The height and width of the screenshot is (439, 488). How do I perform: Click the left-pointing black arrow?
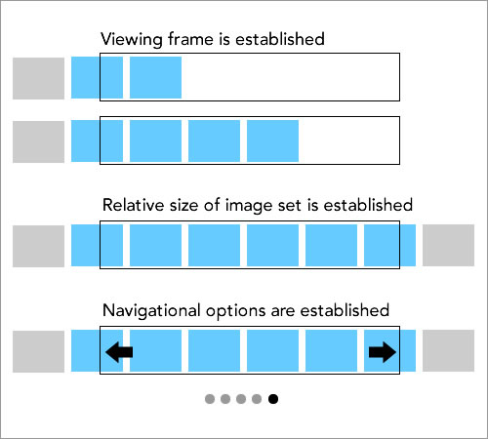[x=119, y=352]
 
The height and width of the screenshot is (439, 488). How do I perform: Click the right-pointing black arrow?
[x=383, y=352]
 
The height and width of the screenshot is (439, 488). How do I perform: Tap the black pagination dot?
[x=273, y=399]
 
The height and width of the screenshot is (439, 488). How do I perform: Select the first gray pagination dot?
[x=210, y=399]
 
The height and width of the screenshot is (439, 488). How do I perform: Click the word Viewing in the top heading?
[x=132, y=40]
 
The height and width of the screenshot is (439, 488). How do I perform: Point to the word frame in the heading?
[x=190, y=39]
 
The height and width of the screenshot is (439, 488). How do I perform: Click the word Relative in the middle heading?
[x=133, y=205]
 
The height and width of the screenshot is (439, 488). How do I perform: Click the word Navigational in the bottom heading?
[x=151, y=310]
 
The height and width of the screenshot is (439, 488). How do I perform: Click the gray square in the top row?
[x=38, y=78]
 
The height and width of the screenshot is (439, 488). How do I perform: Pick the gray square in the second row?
[x=38, y=141]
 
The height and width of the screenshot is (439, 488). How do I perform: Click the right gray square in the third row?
[x=448, y=245]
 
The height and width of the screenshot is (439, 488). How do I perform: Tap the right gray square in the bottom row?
[x=448, y=350]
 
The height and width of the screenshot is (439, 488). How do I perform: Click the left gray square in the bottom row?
[x=38, y=351]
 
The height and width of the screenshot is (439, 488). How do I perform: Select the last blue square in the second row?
[x=272, y=140]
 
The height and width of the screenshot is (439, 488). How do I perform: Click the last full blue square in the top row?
[x=155, y=77]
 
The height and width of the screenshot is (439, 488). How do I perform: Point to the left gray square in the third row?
[x=38, y=246]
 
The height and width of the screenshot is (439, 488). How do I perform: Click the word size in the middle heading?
[x=183, y=206]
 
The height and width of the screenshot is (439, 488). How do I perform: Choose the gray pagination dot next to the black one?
[x=257, y=399]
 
